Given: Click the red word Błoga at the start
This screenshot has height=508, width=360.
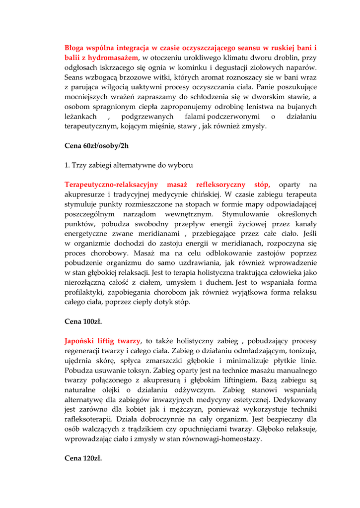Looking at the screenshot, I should click(75, 48).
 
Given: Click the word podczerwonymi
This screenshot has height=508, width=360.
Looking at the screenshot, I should click(233, 116).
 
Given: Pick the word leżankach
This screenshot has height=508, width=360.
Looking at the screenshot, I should click(80, 116).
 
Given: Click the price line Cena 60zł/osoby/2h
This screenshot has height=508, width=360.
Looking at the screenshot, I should click(96, 145).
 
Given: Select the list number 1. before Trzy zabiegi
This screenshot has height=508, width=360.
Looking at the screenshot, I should click(68, 165).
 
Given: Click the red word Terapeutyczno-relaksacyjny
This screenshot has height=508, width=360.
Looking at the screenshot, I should click(111, 185).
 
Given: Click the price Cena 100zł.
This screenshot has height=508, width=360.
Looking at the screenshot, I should click(83, 321).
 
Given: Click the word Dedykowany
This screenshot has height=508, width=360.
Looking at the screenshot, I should click(290, 399).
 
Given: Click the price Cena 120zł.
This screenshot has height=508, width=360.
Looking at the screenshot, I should click(83, 458).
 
